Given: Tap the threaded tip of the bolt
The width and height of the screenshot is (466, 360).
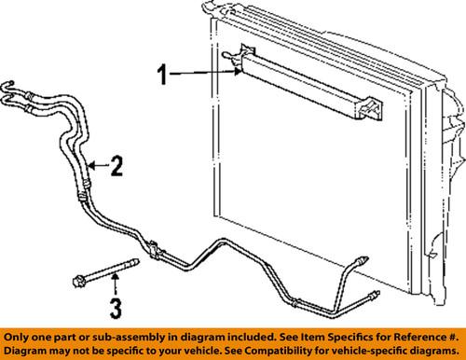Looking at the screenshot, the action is (x=138, y=264).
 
